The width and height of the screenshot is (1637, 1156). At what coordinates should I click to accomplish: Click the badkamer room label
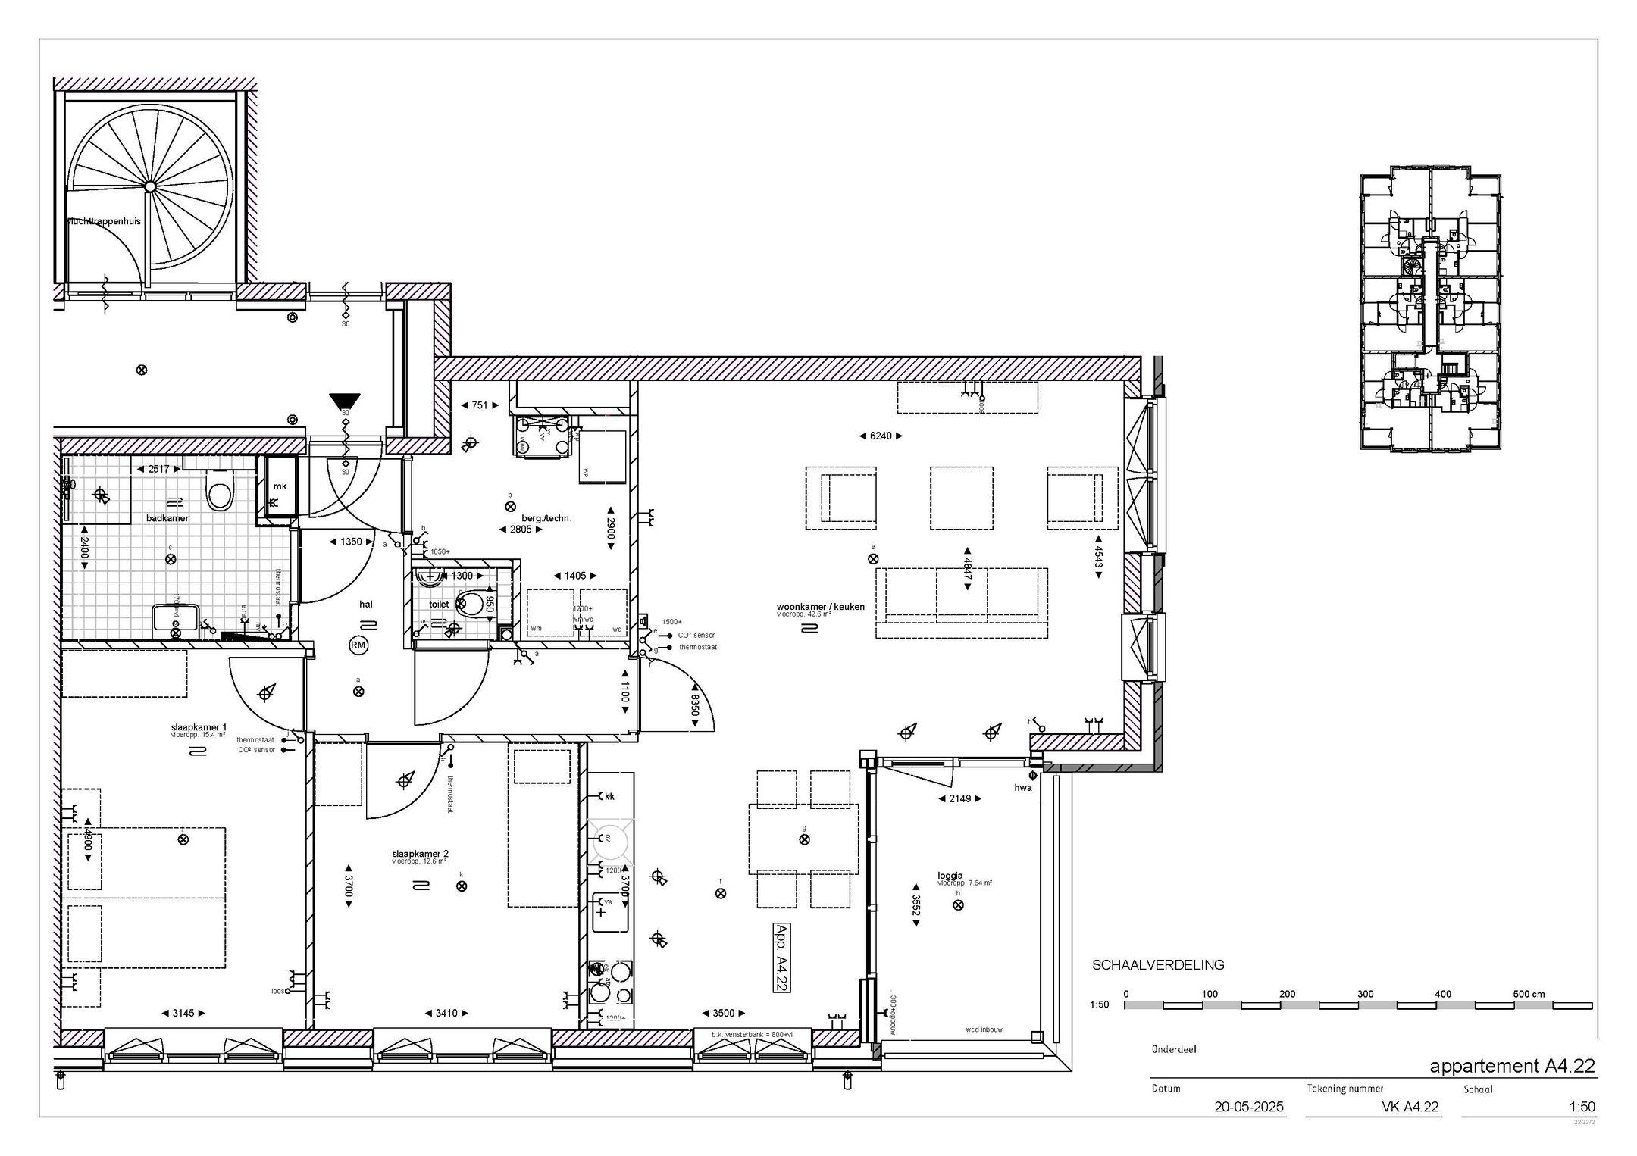pos(167,518)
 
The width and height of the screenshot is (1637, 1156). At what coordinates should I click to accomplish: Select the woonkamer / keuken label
pos(820,607)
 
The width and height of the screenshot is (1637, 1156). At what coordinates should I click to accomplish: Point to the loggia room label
pos(950,876)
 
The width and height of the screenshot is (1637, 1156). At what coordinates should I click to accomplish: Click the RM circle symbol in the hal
pos(358,645)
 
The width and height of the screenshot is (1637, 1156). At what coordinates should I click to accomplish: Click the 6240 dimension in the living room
pos(880,436)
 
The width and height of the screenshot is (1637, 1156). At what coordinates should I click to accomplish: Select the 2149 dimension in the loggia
pos(959,798)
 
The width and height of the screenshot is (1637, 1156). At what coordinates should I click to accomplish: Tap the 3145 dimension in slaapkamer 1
pos(183,1013)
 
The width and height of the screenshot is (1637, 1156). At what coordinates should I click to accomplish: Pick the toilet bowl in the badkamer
pos(220,493)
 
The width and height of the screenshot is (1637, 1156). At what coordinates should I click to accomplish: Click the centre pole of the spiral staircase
pos(150,186)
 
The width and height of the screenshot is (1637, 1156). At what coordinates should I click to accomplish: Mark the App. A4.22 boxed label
pos(781,957)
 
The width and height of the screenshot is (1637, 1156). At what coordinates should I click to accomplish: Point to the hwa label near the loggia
pos(1023,788)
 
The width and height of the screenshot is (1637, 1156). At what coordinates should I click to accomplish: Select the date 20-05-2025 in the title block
pos(1248,1107)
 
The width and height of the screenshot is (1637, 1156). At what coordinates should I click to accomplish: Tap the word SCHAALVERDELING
pos(1158,965)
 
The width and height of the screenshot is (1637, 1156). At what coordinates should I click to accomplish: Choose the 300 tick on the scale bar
pos(1365,994)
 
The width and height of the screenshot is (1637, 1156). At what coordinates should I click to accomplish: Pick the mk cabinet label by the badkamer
pos(280,486)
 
